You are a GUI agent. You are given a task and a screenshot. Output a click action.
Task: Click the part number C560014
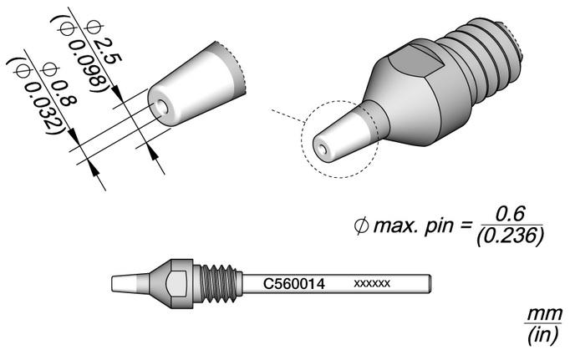pyautogui.click(x=293, y=284)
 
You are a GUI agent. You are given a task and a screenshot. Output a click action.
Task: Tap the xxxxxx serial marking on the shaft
pyautogui.click(x=372, y=283)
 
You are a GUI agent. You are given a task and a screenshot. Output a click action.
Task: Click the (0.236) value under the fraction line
pyautogui.click(x=511, y=236)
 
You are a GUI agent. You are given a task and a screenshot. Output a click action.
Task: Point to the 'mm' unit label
pyautogui.click(x=545, y=313)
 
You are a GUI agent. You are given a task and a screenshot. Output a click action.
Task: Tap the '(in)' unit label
pyautogui.click(x=542, y=335)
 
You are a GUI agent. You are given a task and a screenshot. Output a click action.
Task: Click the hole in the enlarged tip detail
pyautogui.click(x=160, y=106)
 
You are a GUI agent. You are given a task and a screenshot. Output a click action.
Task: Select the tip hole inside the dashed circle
pyautogui.click(x=322, y=149)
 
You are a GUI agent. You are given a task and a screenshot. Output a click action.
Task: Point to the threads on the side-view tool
pyautogui.click(x=218, y=283)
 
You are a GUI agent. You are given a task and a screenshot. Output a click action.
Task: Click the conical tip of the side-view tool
pyautogui.click(x=130, y=283)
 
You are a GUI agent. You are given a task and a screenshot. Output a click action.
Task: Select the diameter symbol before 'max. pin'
pyautogui.click(x=361, y=226)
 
